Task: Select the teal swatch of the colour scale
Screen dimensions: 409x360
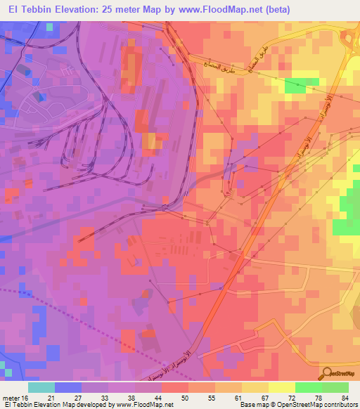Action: tap(41, 387)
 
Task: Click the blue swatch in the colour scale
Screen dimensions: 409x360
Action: tap(68, 387)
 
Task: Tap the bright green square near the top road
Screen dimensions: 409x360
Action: tap(295, 86)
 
